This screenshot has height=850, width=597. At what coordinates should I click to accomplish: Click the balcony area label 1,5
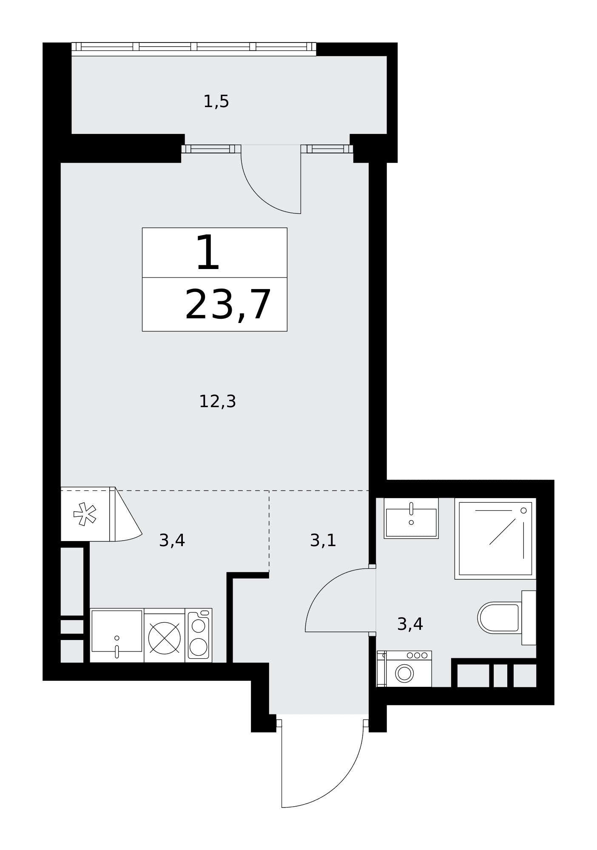click(216, 102)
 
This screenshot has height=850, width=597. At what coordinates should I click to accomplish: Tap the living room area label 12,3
click(217, 401)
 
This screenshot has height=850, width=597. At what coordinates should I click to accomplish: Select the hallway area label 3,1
click(323, 541)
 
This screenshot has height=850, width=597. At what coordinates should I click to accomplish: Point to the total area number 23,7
click(228, 305)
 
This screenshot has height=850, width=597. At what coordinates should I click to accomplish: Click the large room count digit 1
click(208, 253)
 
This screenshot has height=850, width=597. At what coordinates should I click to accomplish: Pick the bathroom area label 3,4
click(410, 624)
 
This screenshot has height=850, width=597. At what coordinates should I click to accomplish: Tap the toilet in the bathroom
click(506, 618)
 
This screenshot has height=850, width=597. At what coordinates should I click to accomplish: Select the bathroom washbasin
click(411, 518)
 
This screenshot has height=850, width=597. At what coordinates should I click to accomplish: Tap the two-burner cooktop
click(199, 635)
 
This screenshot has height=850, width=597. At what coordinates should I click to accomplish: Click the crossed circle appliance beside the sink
click(165, 638)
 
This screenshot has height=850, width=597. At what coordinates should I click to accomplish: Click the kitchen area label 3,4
click(172, 541)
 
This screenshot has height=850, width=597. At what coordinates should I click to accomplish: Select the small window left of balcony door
click(211, 149)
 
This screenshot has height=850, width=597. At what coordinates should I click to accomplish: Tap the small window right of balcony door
click(327, 149)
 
